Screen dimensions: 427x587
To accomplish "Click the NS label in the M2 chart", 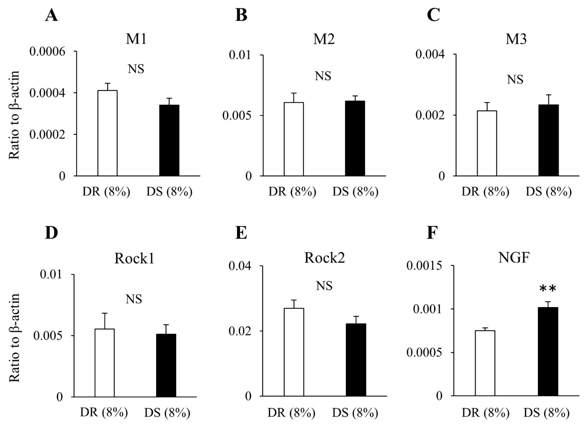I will (x=323, y=76).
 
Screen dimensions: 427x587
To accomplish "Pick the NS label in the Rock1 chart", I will (x=134, y=300).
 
